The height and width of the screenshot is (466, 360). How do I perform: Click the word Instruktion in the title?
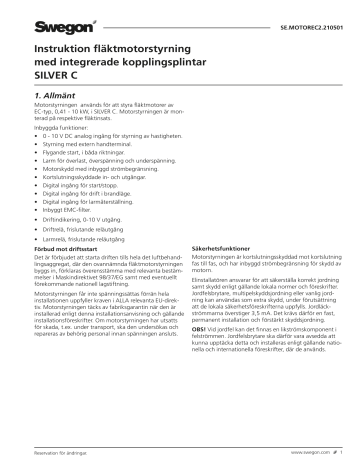click(65, 50)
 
